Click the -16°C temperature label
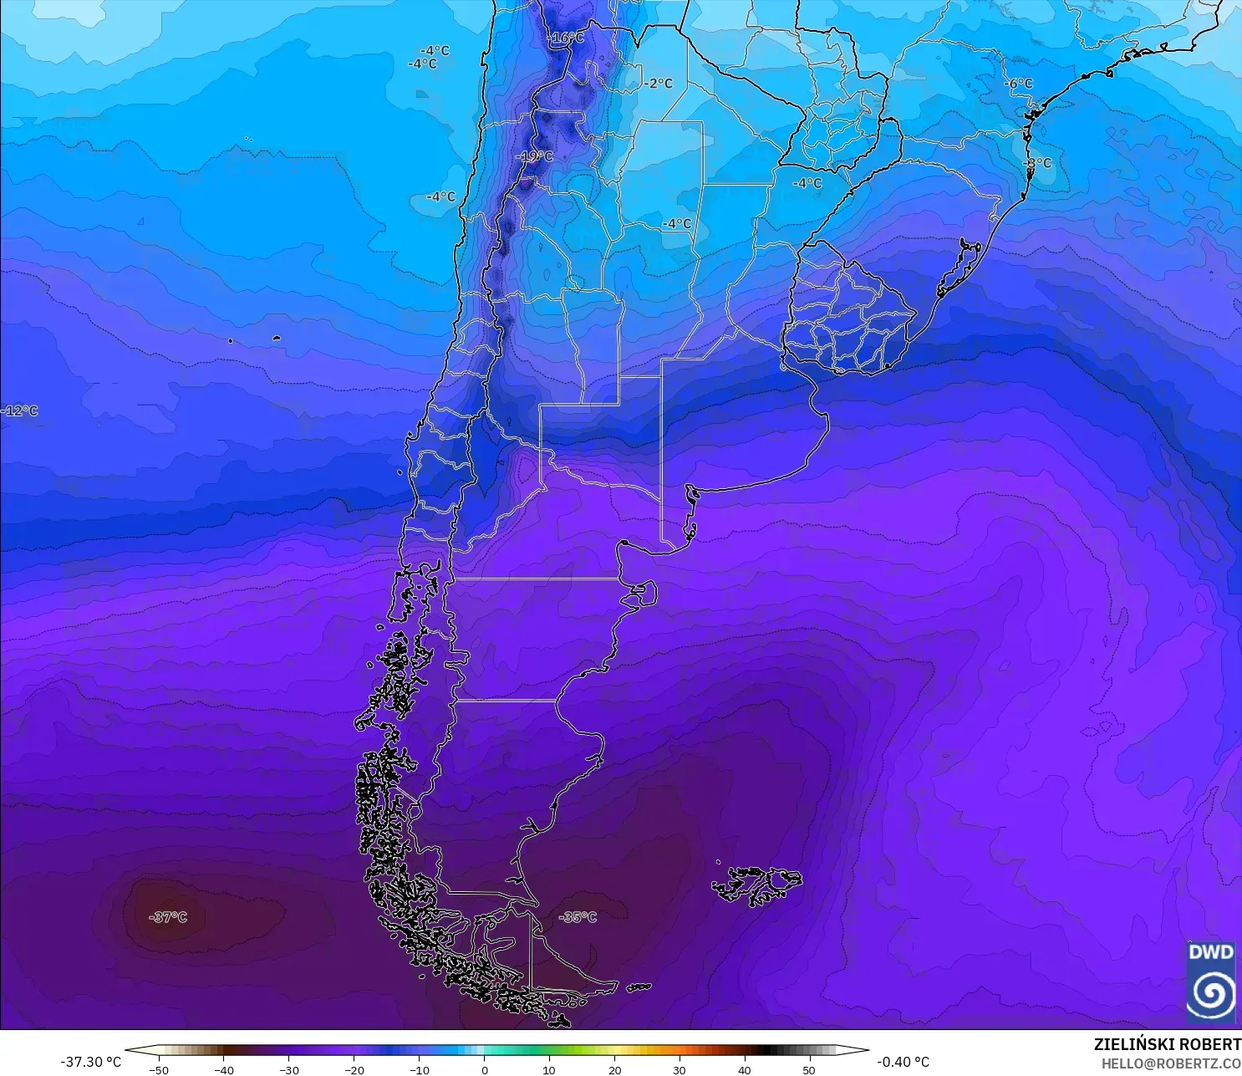566,38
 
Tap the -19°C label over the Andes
534,156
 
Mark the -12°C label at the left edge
19,411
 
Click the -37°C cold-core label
168,917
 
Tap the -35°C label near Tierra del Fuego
578,917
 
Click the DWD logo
1210,982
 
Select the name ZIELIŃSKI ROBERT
1167,1044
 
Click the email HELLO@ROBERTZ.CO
1170,1063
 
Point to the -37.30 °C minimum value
90,1062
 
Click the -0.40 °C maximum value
903,1062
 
